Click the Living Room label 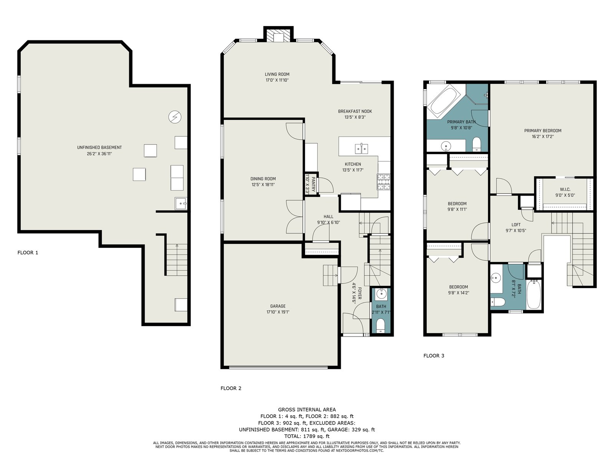(277, 74)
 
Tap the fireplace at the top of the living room (278, 35)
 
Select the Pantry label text (313, 184)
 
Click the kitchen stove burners (383, 182)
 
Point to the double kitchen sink (361, 149)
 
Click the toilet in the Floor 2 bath (381, 327)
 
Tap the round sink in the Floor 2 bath (381, 294)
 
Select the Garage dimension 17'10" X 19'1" (278, 312)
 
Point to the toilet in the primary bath (476, 144)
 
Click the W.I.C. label (565, 189)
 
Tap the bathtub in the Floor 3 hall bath (534, 294)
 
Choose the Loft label (516, 225)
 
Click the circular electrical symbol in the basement (175, 117)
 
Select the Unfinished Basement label (99, 148)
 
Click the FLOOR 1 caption (28, 253)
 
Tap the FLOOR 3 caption (434, 356)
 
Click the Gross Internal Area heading (307, 410)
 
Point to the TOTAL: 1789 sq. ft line (307, 436)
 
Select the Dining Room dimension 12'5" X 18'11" (263, 185)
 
